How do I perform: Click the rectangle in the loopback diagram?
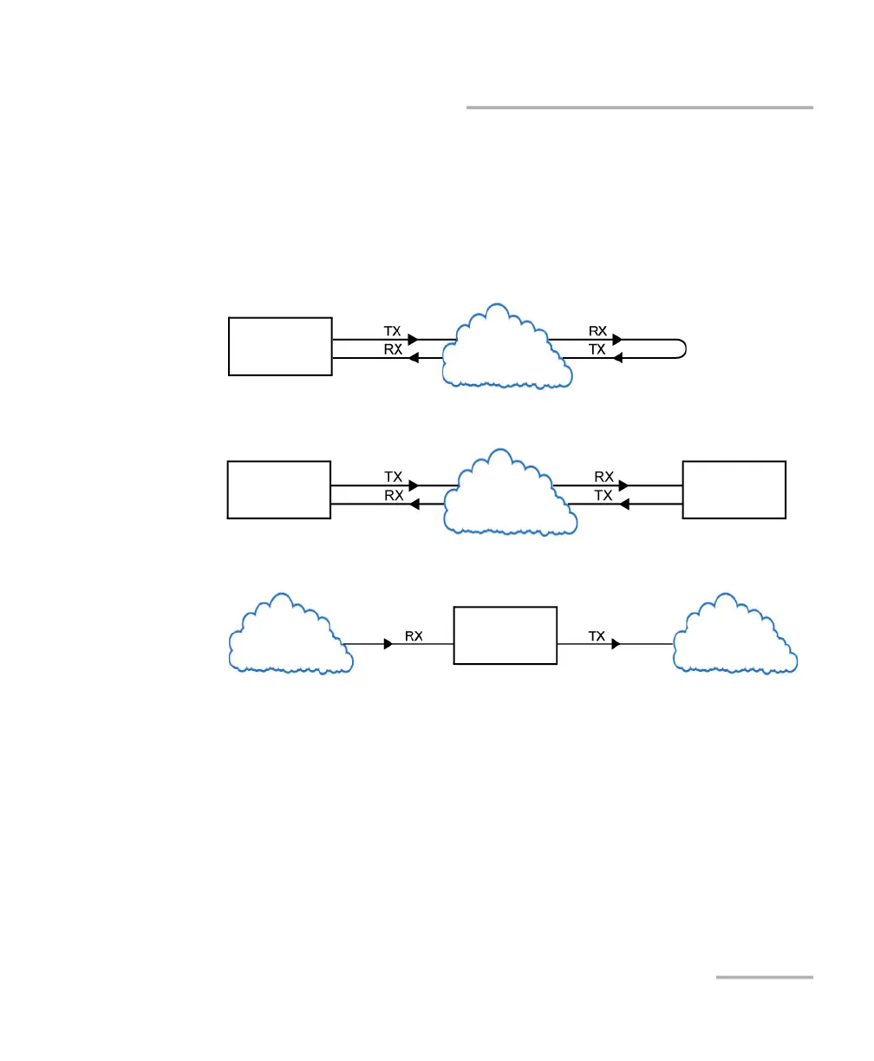[280, 346]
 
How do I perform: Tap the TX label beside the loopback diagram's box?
[393, 331]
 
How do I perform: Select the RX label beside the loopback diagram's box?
[393, 349]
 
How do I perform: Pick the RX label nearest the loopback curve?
[598, 331]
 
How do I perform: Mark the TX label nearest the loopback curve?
[597, 349]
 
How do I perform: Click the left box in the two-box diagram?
[279, 490]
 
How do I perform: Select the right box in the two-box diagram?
[734, 490]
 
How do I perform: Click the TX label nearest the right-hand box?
[603, 495]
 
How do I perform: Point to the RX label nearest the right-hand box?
[603, 477]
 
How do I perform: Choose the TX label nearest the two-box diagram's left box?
[394, 477]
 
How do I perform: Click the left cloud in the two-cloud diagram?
[289, 637]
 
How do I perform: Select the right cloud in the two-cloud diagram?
[735, 637]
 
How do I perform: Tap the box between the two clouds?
[505, 635]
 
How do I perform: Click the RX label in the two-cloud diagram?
[414, 636]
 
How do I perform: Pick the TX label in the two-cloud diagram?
[597, 636]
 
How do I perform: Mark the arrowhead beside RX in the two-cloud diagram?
[388, 644]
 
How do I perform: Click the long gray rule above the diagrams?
[640, 107]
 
